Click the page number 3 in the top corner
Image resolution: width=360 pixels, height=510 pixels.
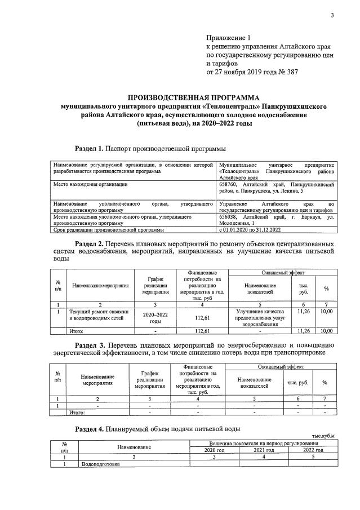coord(332,15)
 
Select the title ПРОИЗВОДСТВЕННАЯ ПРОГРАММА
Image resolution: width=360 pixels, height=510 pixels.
coord(190,97)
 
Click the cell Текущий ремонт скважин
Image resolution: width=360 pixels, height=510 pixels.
coord(99,311)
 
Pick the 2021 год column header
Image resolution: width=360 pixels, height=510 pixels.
coord(263,450)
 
